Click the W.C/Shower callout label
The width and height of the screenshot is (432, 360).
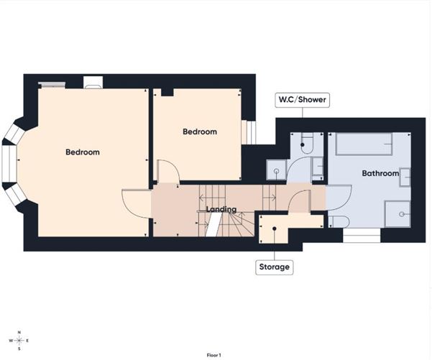[303, 100]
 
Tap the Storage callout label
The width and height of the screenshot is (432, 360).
[275, 267]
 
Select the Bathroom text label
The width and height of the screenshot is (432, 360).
[380, 173]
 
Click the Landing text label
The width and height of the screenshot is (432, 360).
[221, 209]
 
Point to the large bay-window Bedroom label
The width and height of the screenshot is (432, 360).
[83, 152]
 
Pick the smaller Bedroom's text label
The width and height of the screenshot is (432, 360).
[199, 131]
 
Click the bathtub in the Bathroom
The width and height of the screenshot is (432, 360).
[363, 144]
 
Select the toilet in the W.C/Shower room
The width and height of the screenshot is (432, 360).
[307, 143]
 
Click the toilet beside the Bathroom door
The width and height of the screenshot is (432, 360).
[339, 221]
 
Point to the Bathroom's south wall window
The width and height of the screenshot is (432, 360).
[361, 235]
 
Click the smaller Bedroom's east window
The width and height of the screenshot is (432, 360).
[249, 132]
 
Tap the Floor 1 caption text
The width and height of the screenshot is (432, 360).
[213, 355]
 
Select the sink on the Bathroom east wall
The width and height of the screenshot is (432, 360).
[405, 177]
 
